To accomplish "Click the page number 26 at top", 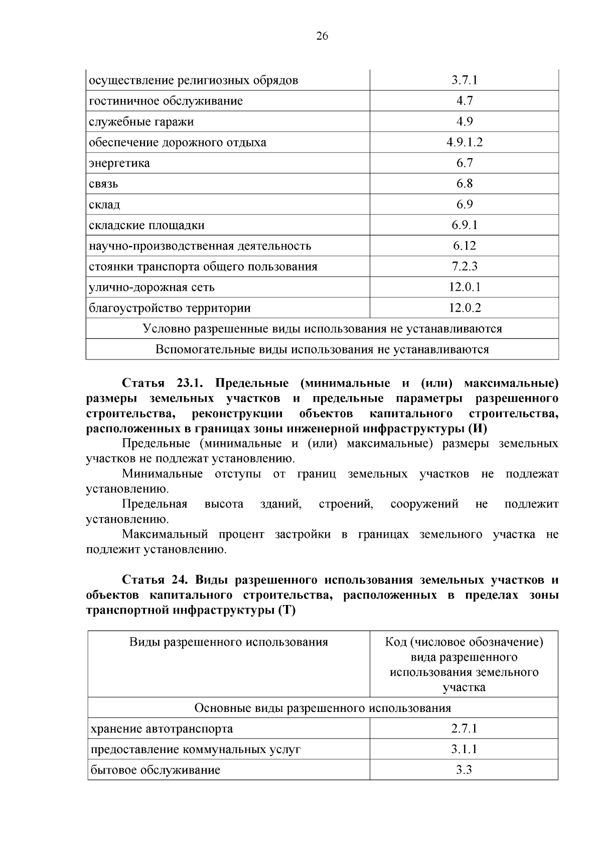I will coord(322,36).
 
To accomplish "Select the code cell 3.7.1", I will coord(464,80).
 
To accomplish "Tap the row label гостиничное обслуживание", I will coord(166,101).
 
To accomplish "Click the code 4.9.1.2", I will coord(464,142).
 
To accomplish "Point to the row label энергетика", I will coord(119,163).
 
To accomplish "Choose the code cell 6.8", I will coord(464,184).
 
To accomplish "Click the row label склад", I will coord(104,205).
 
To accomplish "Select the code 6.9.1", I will coord(464,225).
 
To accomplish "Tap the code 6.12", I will coord(464,246).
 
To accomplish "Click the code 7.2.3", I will coord(464,266).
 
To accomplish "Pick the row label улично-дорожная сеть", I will coord(152,287).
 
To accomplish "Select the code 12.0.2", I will coord(464,308).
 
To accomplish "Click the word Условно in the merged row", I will coord(167,329).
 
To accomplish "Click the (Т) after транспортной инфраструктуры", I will coord(285,611).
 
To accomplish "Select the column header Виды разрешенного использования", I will coord(229,642).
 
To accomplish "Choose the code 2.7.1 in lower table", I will coord(464,728).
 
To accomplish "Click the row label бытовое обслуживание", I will coord(155,770).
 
